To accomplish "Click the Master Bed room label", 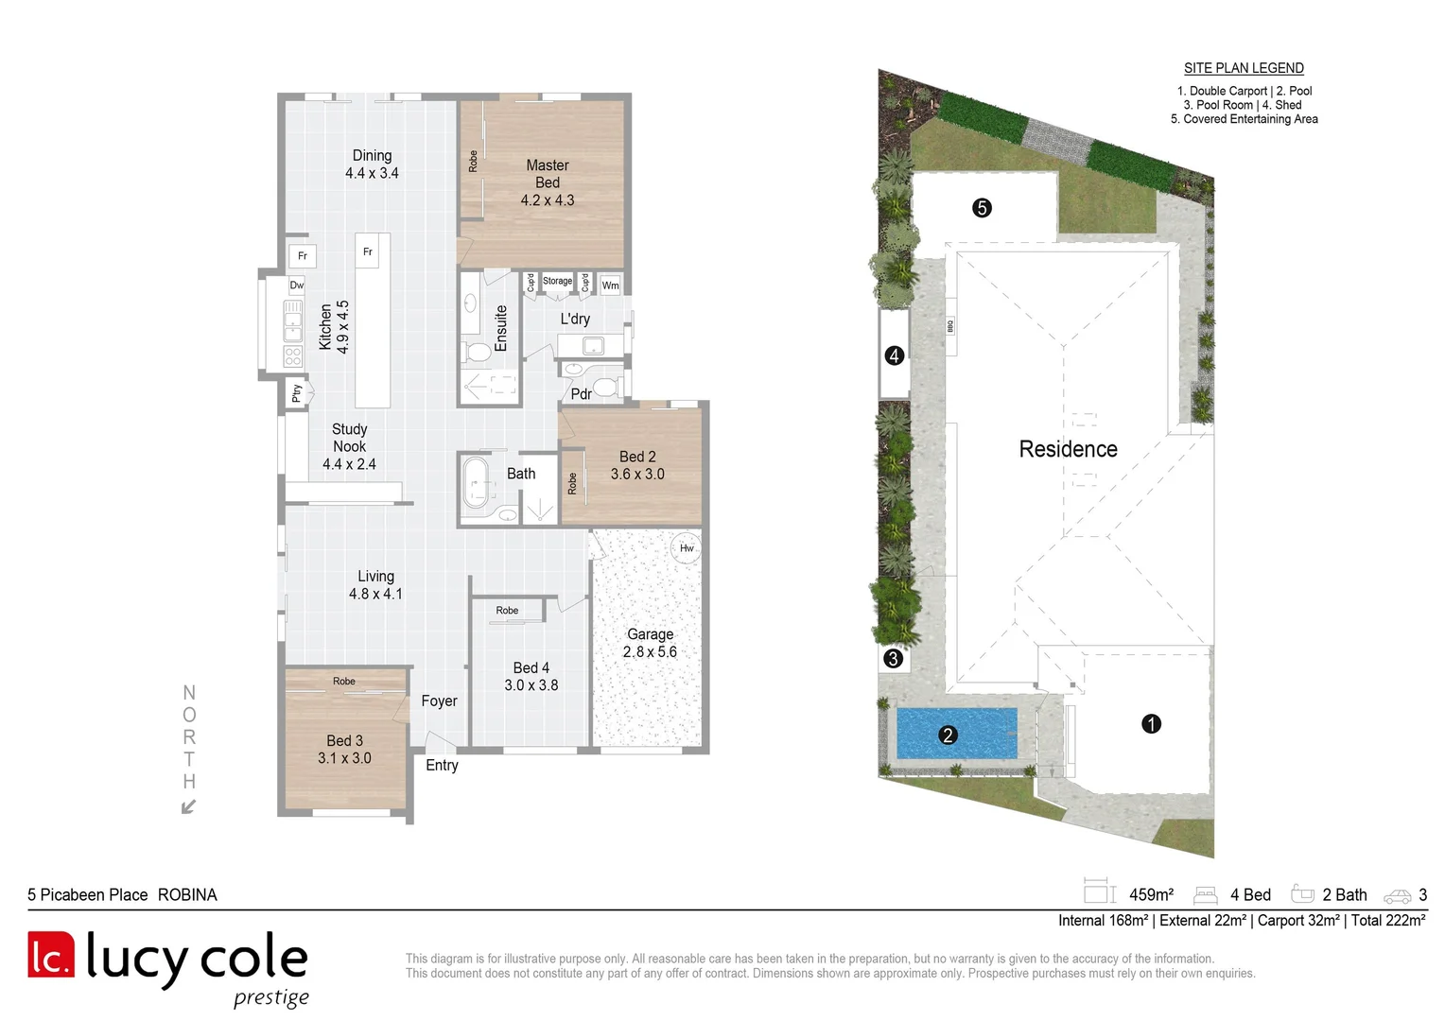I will coord(547,182).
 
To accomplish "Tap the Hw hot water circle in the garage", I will coord(687,548).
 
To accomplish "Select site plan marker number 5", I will coord(982,208).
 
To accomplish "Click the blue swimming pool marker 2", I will coord(948,735).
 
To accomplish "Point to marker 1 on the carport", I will coord(1151,724).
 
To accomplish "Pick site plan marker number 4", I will coord(894,356).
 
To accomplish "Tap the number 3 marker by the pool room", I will coord(893,659).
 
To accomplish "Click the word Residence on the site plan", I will coord(1068,449).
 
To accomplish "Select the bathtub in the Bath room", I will coord(477,482).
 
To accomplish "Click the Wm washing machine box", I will coord(611,285).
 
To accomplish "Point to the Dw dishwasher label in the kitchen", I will coord(297,285).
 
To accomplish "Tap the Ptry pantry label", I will coord(297,393).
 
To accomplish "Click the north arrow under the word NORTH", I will coord(188,806).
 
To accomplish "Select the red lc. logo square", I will coord(51,955).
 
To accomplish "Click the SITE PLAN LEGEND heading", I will coord(1244,68).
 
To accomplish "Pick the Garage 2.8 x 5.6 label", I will coord(650,643).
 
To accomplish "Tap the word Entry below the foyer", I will coord(442,765).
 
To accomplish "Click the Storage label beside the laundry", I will coord(557,281).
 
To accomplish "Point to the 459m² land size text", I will coord(1151,894).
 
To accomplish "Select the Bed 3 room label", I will coord(344,750).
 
